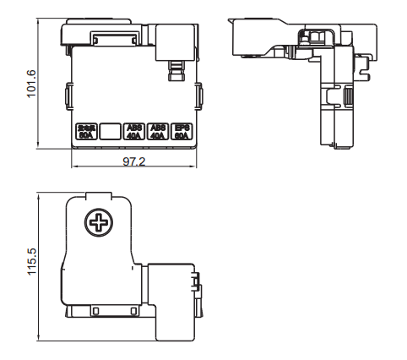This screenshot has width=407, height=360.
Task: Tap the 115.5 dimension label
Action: pos(32,261)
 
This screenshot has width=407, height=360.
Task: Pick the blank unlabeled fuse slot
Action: pos(110,131)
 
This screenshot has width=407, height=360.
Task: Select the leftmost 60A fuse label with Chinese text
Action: pos(86,131)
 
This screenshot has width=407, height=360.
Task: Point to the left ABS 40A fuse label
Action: pos(134,131)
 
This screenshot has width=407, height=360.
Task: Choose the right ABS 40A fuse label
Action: pos(158,131)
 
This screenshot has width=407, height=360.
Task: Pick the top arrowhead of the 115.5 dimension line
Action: pos(41,193)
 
